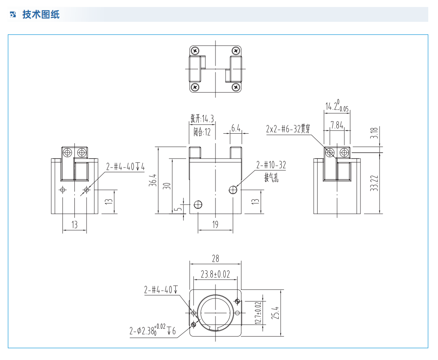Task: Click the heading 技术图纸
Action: (41, 15)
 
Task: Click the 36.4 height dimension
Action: (153, 180)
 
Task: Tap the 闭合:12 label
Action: (202, 132)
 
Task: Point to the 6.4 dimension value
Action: (236, 128)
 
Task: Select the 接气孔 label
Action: (271, 178)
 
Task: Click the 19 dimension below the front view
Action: (215, 224)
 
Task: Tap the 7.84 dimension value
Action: (337, 125)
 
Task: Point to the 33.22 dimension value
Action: (374, 182)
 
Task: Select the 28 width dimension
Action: (215, 258)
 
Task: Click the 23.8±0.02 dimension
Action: (215, 274)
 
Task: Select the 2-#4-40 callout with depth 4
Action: (125, 167)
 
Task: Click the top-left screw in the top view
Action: (195, 51)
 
